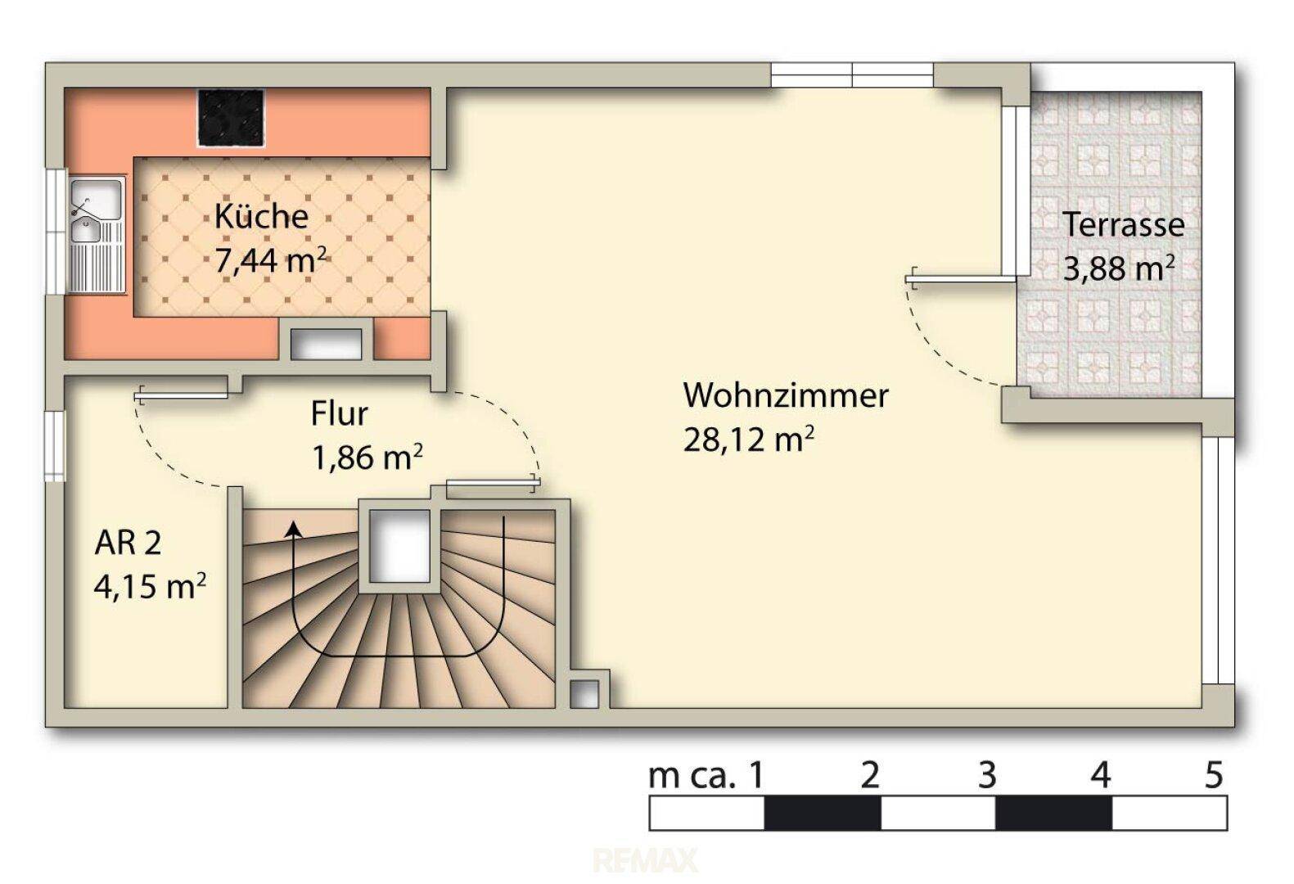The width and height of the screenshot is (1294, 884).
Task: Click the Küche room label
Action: point(261,217)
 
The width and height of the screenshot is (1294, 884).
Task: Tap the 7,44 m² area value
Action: point(270,260)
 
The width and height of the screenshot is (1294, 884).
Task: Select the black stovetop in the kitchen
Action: point(232,118)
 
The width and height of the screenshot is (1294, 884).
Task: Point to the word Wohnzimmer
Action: point(787,396)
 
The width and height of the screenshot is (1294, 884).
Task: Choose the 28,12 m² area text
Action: point(749,440)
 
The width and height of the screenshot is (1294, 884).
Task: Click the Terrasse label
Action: point(1124,225)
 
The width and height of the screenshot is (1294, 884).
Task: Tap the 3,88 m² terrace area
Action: point(1119,268)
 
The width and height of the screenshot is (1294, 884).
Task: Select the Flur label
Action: point(339,413)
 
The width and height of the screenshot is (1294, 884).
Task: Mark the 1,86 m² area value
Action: point(367,458)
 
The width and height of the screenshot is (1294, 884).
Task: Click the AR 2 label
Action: point(128,543)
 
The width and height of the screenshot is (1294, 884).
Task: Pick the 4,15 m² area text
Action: point(150,587)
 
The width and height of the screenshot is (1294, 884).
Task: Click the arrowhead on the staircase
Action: point(295,528)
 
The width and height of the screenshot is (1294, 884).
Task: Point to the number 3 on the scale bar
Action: point(987,775)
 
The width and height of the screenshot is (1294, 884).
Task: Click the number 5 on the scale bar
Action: point(1214,775)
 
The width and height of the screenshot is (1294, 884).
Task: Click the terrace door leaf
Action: point(961,280)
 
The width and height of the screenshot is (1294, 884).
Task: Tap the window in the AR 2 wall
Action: point(55,445)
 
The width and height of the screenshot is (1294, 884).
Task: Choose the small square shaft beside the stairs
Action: point(584,694)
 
